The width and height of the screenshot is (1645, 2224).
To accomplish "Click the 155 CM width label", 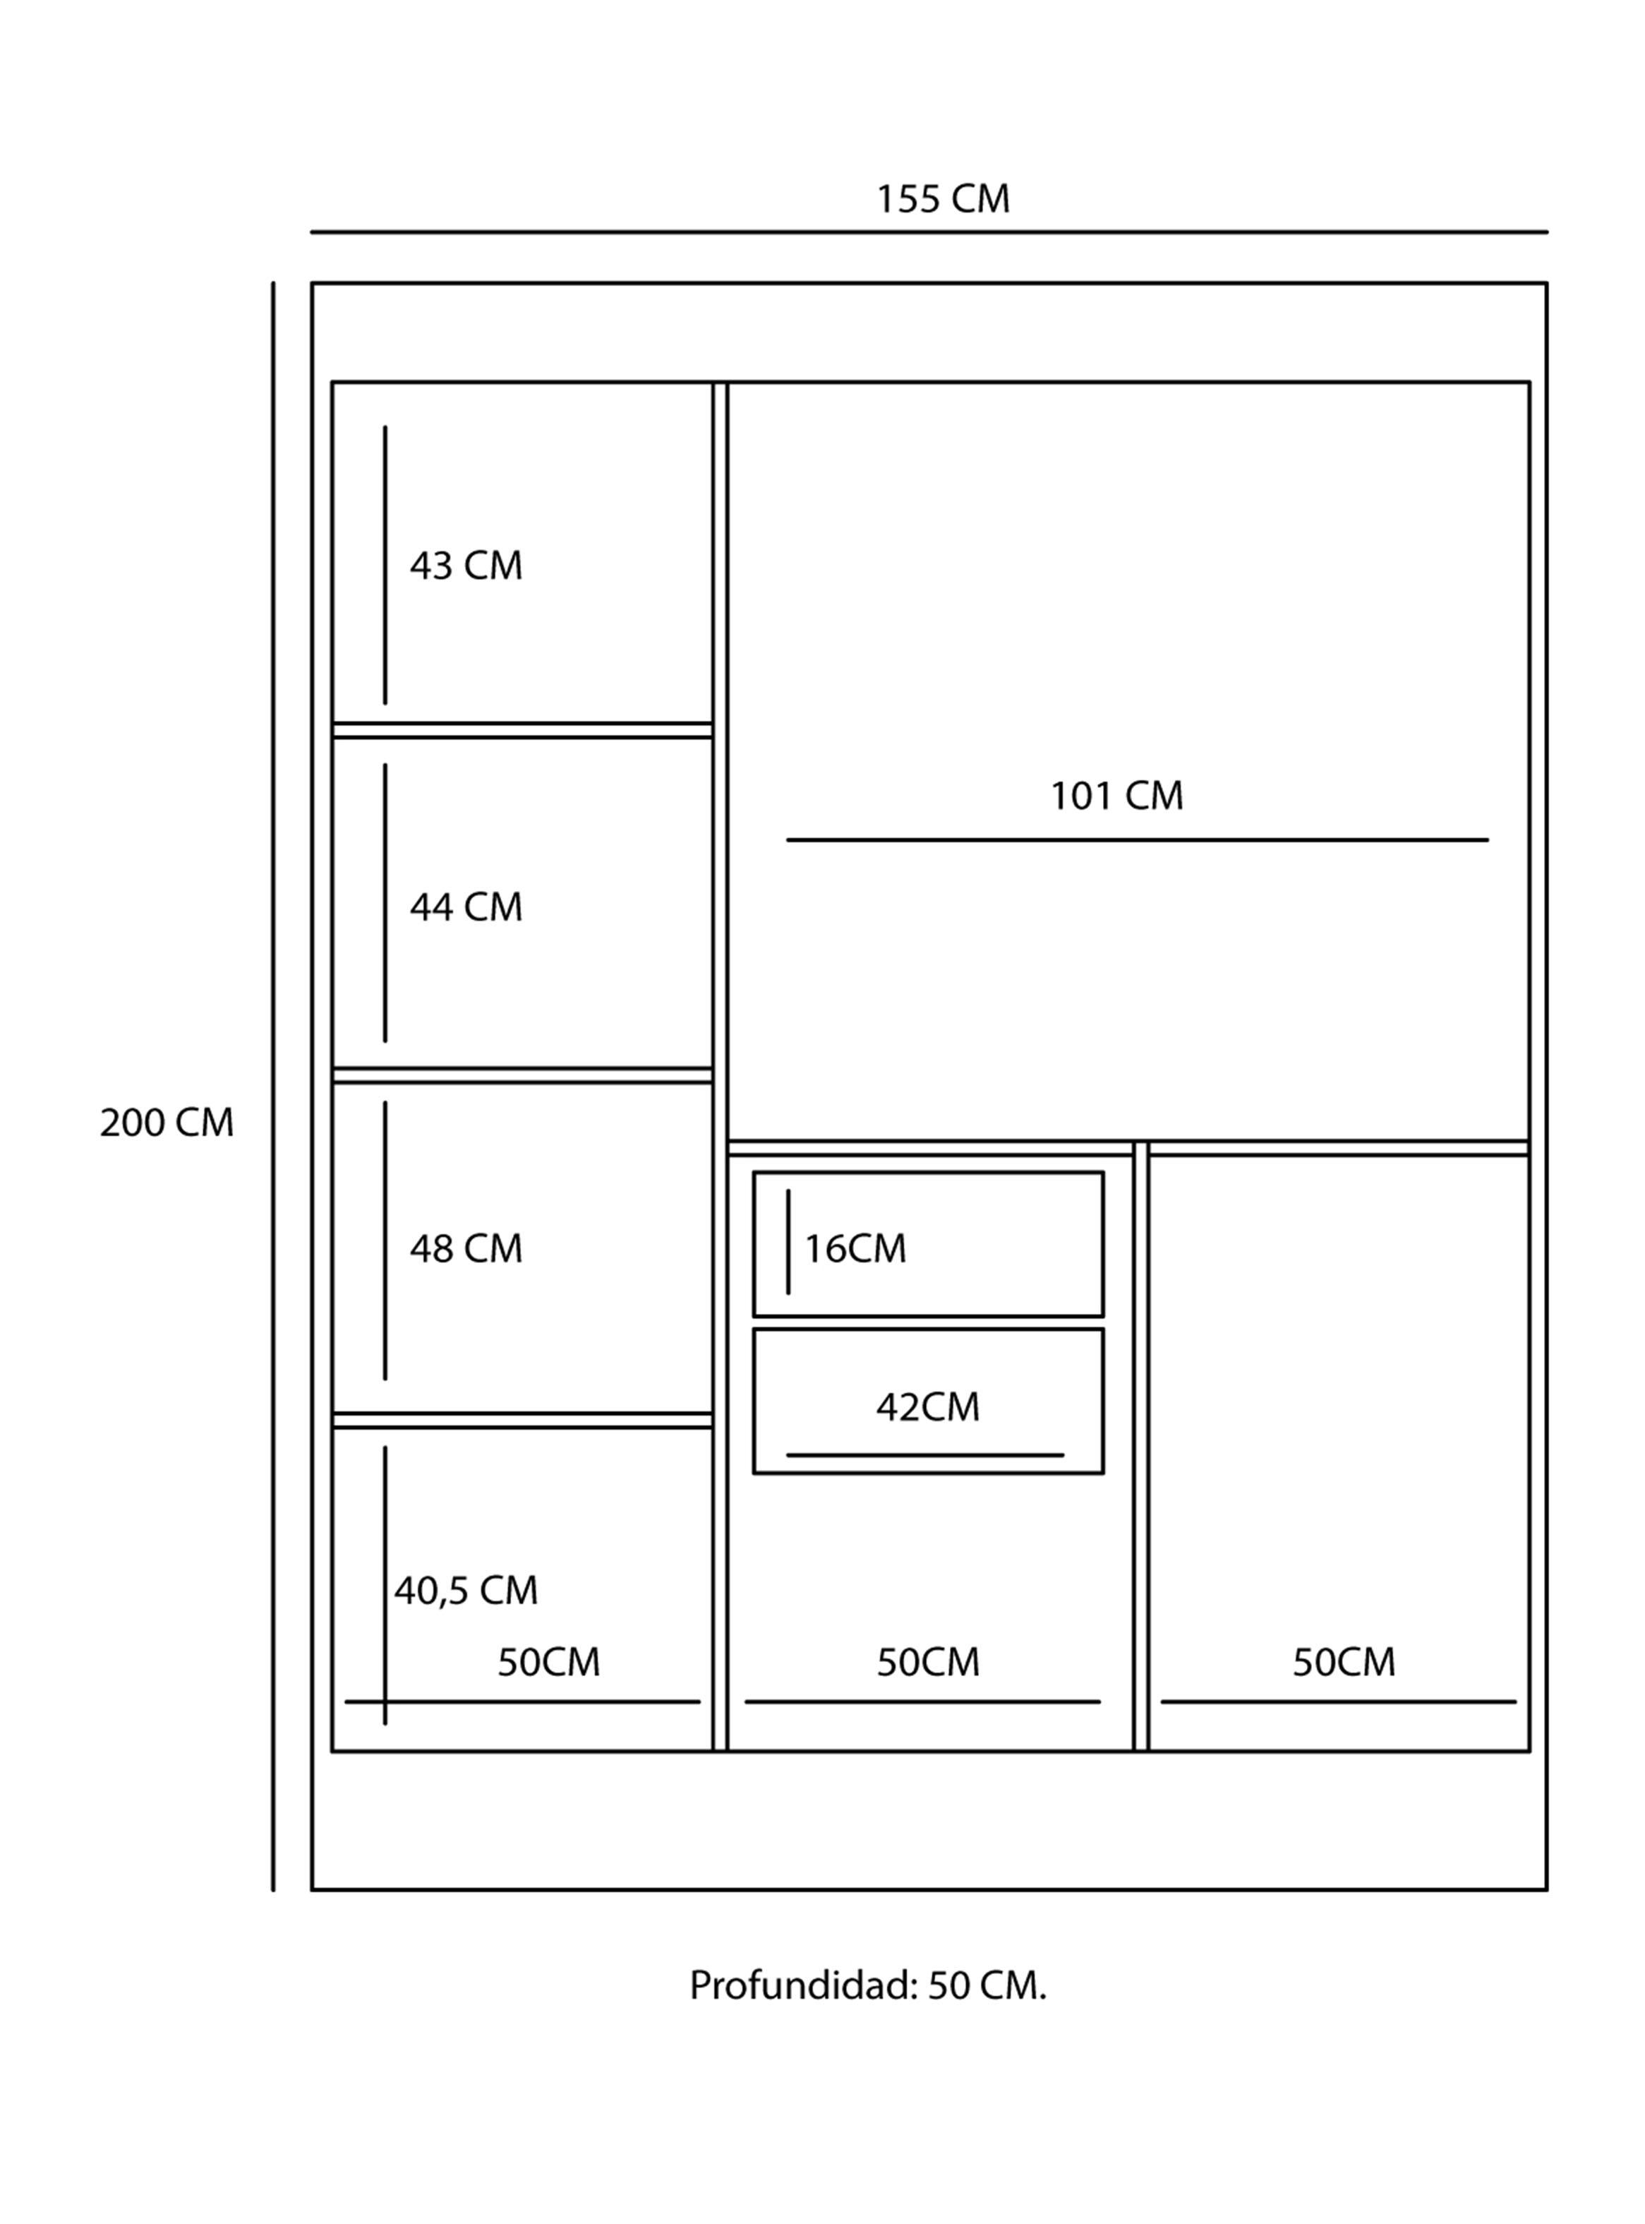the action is pos(942,199).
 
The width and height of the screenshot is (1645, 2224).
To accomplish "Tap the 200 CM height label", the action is pos(167,1123).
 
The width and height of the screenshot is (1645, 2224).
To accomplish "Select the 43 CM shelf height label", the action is pos(466,566).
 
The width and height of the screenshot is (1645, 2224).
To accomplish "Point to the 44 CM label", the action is pos(466,907).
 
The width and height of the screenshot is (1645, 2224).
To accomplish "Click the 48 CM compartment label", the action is pos(466,1249).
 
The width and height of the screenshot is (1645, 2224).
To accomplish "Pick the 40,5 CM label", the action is pos(466,1591).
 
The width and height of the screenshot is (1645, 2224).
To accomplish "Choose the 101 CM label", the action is pos(1117,796).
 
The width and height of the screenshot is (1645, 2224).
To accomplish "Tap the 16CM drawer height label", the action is pos(855,1249).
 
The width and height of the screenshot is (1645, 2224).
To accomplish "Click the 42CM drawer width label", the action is pos(928,1407).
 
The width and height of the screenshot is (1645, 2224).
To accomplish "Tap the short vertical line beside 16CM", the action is pos(789,1242).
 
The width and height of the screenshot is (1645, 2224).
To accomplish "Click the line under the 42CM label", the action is pos(925,1455).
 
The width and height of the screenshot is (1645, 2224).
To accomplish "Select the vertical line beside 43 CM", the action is pos(385,566).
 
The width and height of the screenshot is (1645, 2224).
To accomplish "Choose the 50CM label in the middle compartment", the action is pos(928,1662).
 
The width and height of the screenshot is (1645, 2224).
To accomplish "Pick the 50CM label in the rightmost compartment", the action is pos(1344,1662).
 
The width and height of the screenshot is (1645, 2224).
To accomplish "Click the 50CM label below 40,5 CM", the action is pos(548,1662).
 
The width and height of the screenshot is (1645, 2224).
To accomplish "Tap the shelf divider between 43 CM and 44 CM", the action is pos(523,730).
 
